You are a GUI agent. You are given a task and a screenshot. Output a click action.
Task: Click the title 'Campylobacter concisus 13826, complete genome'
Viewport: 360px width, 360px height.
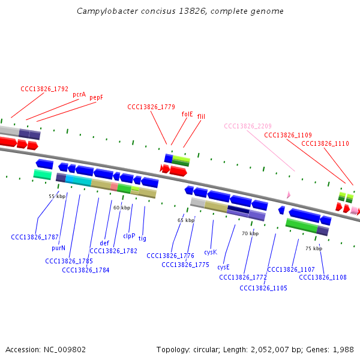(180, 11)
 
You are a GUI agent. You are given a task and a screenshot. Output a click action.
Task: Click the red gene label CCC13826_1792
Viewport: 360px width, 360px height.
(44, 89)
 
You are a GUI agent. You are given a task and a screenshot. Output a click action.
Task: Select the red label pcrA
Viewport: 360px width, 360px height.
(79, 94)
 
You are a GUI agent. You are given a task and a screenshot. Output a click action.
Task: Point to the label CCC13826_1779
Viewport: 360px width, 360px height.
(151, 107)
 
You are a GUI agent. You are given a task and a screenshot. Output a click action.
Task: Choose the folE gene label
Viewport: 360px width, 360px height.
(187, 113)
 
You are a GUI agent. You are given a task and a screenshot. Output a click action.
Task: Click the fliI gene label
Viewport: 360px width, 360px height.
(201, 116)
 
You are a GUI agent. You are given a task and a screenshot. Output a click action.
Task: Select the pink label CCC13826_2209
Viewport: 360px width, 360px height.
(248, 126)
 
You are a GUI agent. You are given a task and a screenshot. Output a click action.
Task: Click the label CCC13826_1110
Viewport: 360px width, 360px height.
(325, 143)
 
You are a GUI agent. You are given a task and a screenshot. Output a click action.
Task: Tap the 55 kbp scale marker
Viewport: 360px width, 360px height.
(57, 196)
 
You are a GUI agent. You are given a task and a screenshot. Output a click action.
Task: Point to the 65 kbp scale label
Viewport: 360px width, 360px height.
(186, 220)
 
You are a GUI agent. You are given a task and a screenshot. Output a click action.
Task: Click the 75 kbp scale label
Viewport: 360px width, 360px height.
(313, 248)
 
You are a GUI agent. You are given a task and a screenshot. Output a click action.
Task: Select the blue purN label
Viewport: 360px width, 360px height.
(58, 247)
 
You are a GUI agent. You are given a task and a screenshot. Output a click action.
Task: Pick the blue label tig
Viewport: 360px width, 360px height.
(142, 238)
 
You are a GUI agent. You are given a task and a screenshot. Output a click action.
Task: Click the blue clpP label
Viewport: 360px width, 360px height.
(129, 236)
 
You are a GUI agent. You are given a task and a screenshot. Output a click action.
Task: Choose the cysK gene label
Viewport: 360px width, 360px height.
(210, 253)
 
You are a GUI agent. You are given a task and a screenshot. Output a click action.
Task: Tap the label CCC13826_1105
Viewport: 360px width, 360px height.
(263, 288)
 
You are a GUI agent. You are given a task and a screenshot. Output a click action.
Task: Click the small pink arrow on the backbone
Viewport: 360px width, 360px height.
(289, 195)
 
